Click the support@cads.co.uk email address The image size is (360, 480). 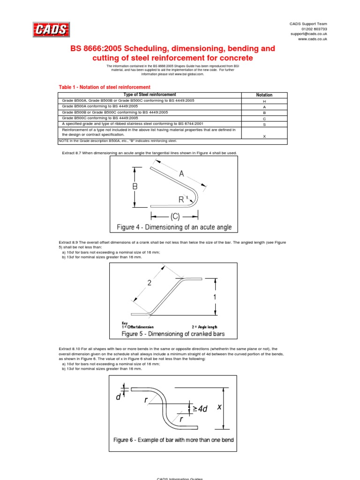point(308,34)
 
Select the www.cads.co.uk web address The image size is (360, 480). point(313,39)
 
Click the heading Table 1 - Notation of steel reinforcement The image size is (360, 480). point(104,87)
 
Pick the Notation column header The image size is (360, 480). point(264,95)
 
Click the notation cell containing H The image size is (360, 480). point(264,101)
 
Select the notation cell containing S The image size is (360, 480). point(264,124)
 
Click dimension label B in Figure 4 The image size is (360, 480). point(135,187)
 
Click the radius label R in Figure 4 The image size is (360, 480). point(181,200)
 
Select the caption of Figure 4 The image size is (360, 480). point(174,228)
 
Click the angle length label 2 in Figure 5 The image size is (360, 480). point(150,283)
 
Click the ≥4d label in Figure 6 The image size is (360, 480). point(200,409)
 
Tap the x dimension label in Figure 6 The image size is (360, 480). point(219,407)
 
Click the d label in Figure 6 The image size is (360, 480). point(118,397)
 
